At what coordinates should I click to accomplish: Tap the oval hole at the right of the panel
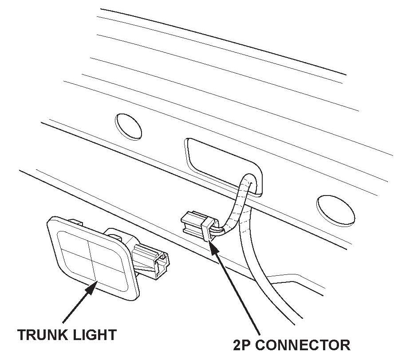coord(335,208)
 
